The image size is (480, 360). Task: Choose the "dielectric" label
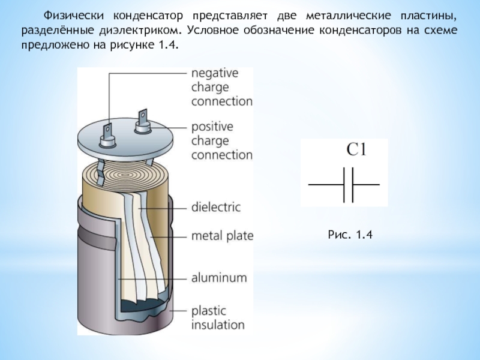tap(215, 208)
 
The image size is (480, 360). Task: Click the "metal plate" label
tap(222, 235)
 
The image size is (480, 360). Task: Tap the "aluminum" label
tap(219, 278)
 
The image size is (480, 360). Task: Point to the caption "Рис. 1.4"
tap(351, 236)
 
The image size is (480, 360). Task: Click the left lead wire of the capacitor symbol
tap(324, 184)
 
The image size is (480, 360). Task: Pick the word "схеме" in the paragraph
tap(441, 29)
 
